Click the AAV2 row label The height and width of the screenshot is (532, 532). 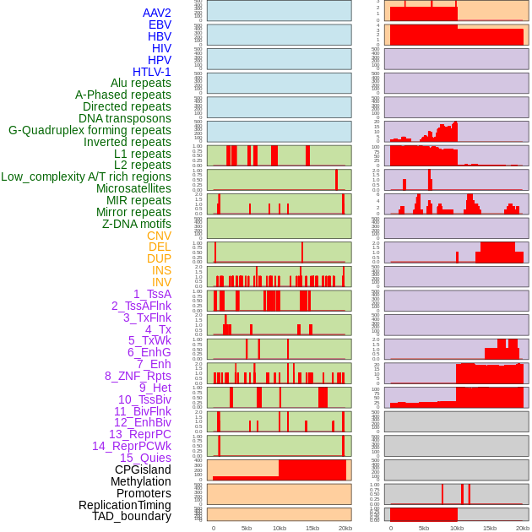(157, 14)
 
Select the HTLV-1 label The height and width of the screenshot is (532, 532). (152, 72)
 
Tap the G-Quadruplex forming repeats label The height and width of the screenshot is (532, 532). (90, 130)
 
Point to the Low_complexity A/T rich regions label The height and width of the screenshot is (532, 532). (86, 176)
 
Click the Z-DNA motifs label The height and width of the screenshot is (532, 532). (137, 224)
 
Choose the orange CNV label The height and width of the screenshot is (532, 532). (159, 236)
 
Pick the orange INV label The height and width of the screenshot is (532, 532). (161, 282)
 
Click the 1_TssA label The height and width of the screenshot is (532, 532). (152, 294)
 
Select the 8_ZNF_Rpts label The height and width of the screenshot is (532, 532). (138, 376)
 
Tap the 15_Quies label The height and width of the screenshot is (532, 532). (144, 458)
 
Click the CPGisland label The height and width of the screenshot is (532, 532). (143, 470)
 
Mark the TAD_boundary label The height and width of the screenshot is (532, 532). (132, 516)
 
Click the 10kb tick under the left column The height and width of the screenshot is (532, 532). (279, 528)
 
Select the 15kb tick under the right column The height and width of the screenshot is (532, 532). (490, 528)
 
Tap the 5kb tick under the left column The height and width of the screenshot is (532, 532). (247, 528)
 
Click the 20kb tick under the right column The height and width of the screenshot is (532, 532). (523, 528)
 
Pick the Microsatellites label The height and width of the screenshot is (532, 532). (133, 188)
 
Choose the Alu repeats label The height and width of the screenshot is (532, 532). (141, 83)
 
